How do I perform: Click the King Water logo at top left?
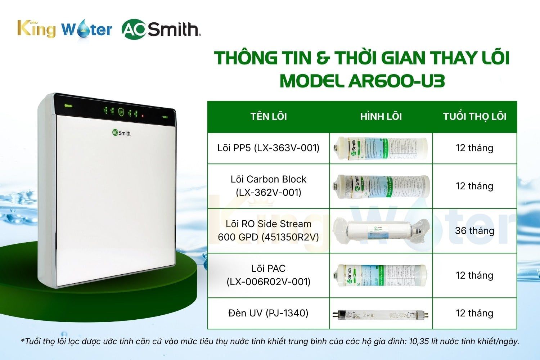65,29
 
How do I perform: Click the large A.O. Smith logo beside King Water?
161,30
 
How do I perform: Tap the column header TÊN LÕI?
269,116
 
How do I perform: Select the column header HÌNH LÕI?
381,116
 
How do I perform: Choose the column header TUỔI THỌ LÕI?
474,116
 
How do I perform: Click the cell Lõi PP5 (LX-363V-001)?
269,148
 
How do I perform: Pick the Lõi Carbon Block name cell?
269,186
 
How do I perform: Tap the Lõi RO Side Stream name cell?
269,230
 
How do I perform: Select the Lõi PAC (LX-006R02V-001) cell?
269,275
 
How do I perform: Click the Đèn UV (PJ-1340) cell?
269,313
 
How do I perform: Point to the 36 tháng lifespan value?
474,230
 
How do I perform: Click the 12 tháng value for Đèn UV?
474,313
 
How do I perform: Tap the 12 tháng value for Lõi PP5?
474,148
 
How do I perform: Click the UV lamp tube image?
381,315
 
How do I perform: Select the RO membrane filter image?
381,231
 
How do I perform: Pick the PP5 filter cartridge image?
381,148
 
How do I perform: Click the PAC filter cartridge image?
381,275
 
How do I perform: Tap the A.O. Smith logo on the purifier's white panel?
121,133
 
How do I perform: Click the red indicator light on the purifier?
143,116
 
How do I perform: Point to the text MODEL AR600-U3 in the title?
362,81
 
